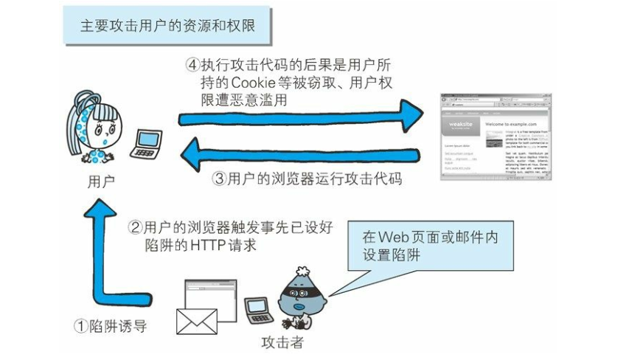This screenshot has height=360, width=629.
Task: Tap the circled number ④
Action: pyautogui.click(x=192, y=64)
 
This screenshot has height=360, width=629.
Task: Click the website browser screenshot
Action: pyautogui.click(x=495, y=137)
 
